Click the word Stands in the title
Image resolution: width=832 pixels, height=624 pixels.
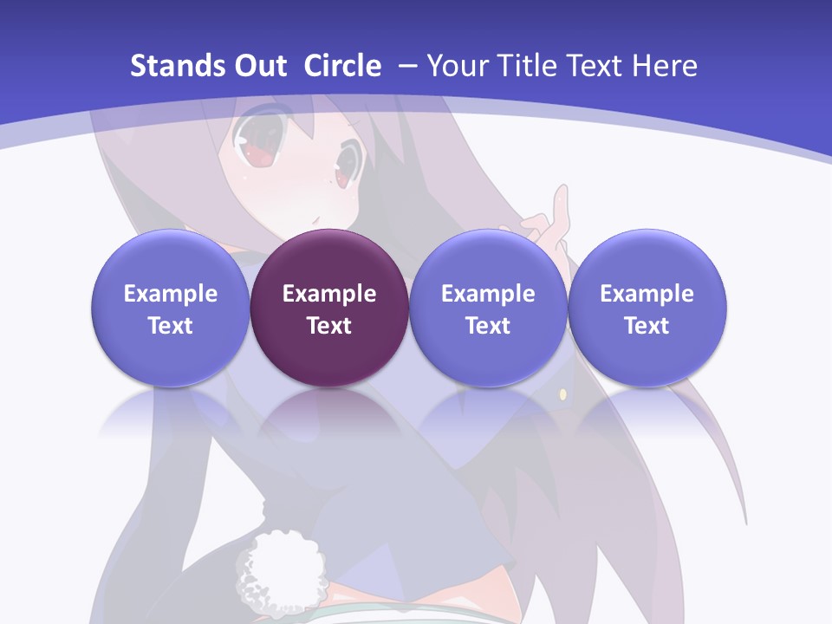(173, 66)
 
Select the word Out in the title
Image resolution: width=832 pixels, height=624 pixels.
(257, 66)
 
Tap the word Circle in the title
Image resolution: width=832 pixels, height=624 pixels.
(342, 66)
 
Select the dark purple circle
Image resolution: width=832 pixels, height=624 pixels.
(329, 308)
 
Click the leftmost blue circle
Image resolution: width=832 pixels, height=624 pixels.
(170, 308)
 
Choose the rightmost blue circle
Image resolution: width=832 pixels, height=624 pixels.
(647, 308)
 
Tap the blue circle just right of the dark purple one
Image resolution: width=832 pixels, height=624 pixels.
(488, 308)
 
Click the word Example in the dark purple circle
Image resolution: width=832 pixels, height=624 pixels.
(329, 294)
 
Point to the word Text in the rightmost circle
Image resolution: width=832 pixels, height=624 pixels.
(647, 326)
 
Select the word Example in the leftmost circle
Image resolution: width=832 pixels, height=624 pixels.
(170, 294)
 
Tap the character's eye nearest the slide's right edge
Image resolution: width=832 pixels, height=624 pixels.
(346, 164)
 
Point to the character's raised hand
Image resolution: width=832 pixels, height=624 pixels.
(546, 221)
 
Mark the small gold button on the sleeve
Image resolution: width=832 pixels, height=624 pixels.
(562, 395)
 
